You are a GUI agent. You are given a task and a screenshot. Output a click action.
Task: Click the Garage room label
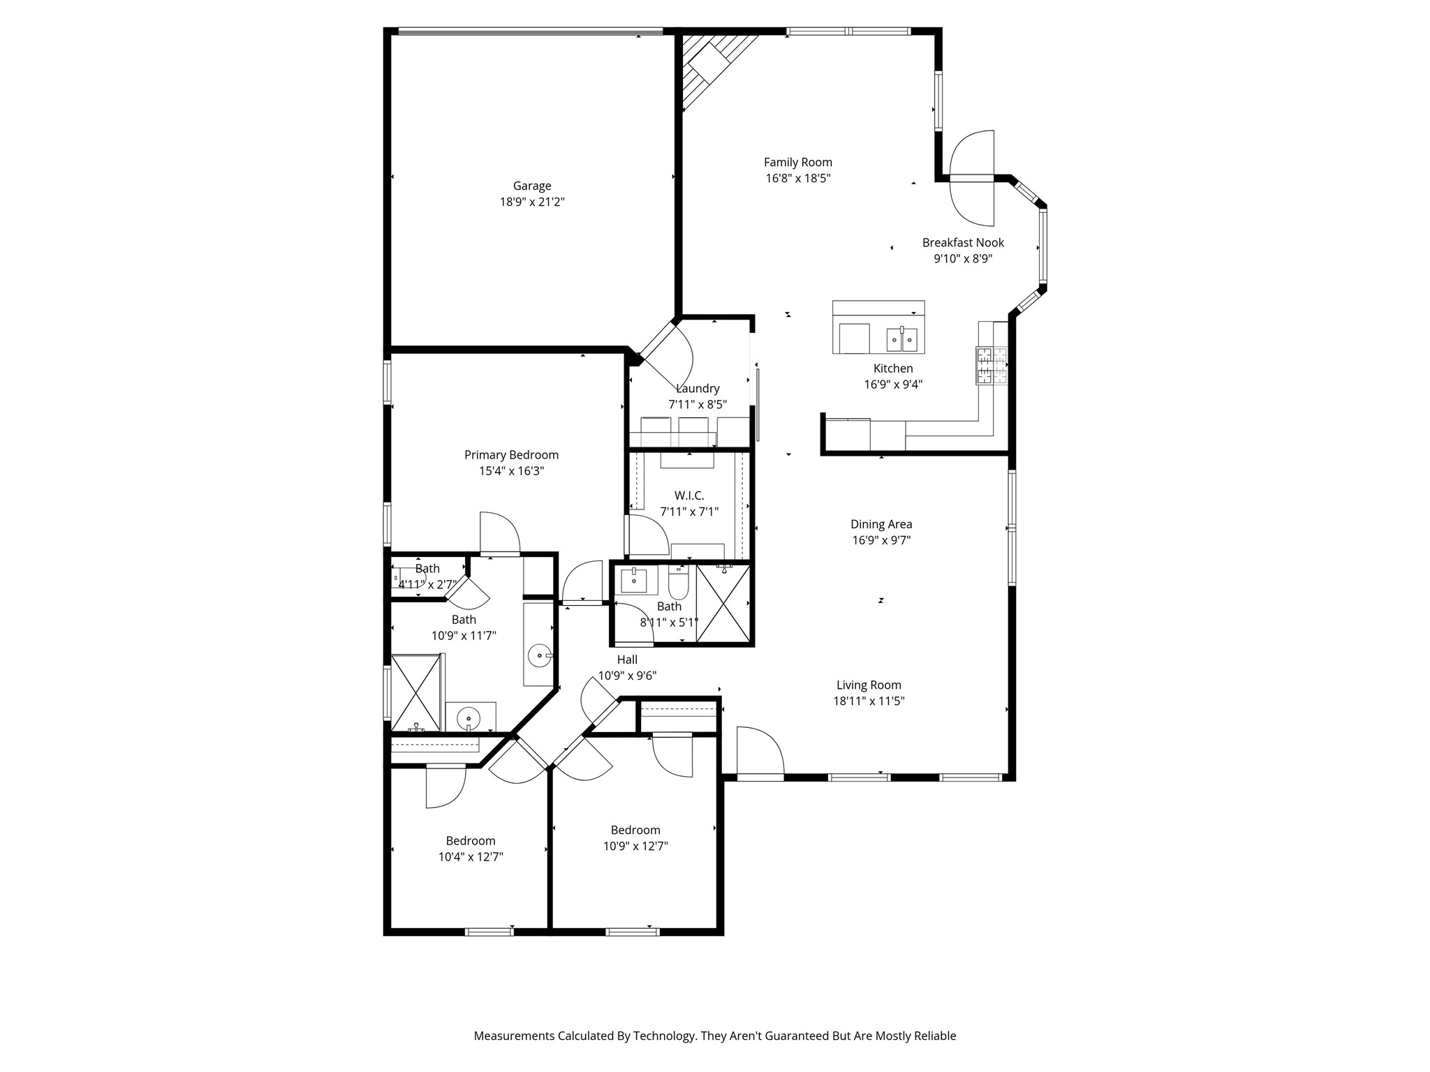pos(532,186)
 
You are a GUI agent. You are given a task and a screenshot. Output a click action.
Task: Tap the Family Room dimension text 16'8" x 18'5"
pos(798,178)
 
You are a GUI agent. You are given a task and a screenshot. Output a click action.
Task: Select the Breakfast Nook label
pos(963,242)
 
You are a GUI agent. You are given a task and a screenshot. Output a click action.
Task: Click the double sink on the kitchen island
pos(902,340)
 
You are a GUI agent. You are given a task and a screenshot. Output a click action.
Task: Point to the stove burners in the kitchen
pos(992,366)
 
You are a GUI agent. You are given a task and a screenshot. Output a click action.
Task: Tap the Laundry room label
pos(698,389)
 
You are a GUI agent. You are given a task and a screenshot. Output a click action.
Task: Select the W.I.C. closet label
pos(689,496)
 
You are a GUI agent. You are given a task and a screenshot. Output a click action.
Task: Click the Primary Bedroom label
pos(511,455)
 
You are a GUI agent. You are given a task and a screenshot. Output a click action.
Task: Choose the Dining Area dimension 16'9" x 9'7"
pos(881,540)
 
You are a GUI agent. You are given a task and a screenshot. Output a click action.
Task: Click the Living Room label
pos(869,685)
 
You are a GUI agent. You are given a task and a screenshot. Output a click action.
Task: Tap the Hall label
pos(627,660)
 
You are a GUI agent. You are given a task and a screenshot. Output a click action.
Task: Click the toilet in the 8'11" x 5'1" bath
pos(679,582)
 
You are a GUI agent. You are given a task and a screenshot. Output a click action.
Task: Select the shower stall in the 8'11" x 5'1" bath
pos(723,604)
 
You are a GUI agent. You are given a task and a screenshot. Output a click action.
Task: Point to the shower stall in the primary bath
pos(416,692)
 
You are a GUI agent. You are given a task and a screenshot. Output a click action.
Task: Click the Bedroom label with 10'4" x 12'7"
pos(471,841)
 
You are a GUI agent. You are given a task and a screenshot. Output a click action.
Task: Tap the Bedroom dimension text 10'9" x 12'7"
pos(635,847)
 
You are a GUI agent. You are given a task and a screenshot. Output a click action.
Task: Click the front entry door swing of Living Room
pos(760,752)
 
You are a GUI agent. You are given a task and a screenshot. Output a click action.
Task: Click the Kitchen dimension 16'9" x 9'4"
pos(893,385)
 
